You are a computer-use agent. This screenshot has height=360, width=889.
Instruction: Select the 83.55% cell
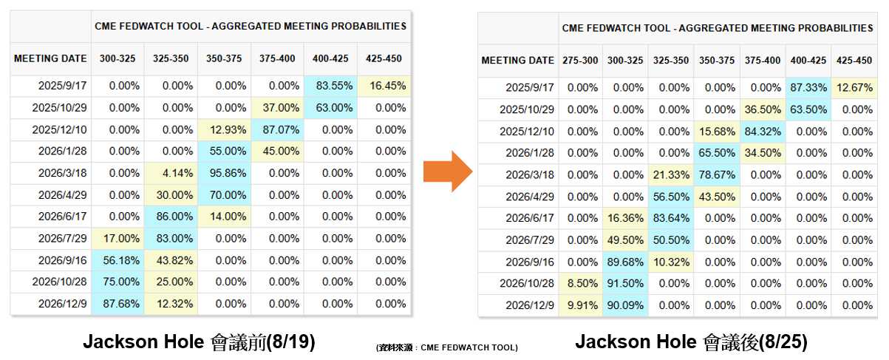tap(330, 86)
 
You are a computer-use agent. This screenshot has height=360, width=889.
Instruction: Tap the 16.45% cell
tap(384, 86)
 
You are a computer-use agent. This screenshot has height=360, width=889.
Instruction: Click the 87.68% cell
tap(117, 304)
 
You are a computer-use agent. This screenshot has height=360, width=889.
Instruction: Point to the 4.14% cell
tap(171, 173)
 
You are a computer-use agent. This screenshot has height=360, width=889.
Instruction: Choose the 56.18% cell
tap(117, 260)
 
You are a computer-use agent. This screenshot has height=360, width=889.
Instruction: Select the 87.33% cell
tap(808, 87)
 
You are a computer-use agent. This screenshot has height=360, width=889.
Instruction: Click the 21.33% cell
tap(671, 175)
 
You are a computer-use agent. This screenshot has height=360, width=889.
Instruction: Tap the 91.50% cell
tap(625, 284)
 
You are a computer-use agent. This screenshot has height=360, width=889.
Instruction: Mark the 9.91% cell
tap(580, 305)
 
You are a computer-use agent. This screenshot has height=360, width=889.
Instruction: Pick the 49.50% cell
tap(625, 240)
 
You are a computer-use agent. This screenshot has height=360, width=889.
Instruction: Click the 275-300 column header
tap(580, 61)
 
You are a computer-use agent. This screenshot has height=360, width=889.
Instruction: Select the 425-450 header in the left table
tap(384, 58)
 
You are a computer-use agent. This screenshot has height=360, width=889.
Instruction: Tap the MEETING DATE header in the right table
tap(517, 61)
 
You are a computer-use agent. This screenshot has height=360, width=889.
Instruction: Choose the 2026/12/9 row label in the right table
tap(529, 305)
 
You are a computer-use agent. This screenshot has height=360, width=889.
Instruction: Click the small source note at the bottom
tap(446, 347)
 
